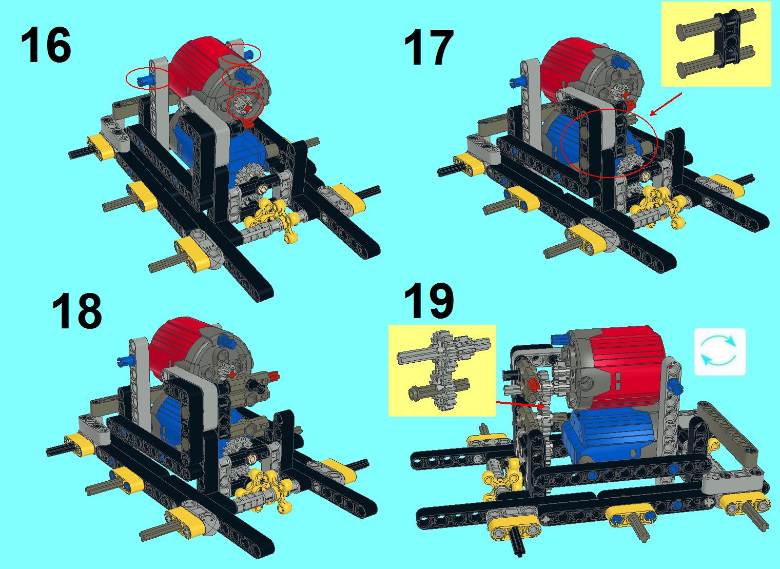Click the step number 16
click(x=46, y=46)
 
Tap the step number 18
click(x=76, y=311)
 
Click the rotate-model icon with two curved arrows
click(x=719, y=351)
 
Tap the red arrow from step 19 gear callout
click(x=518, y=404)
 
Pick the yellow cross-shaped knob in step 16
click(x=272, y=218)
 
